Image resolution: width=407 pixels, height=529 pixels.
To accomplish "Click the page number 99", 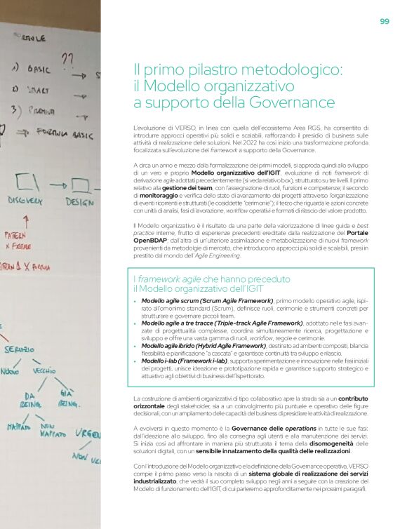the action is pyautogui.click(x=384, y=21).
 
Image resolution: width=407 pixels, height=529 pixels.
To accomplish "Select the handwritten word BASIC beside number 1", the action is pyautogui.click(x=42, y=71).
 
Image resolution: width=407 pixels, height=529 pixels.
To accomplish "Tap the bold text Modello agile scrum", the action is pyautogui.click(x=168, y=301).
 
